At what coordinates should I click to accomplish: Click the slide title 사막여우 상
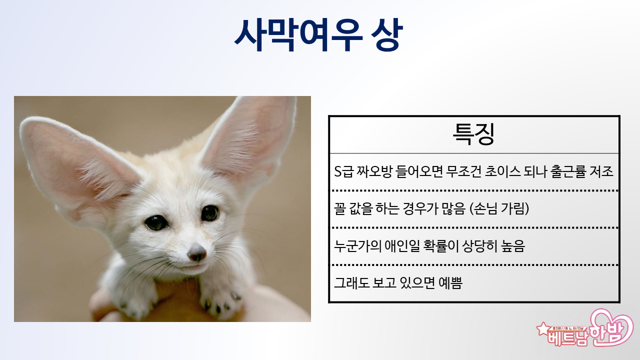pos(318,35)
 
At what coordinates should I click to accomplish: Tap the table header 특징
pos(473,134)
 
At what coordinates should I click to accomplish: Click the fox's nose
pos(196,252)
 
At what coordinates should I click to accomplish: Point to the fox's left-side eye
pos(156,222)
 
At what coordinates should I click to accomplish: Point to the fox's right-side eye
pos(210,213)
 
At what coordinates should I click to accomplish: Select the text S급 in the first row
pos(343,171)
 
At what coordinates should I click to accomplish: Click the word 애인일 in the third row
pos(402,245)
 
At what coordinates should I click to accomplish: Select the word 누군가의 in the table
pos(357,245)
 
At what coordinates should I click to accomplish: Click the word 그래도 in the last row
pos(351,283)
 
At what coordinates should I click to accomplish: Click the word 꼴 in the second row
pos(339,208)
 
